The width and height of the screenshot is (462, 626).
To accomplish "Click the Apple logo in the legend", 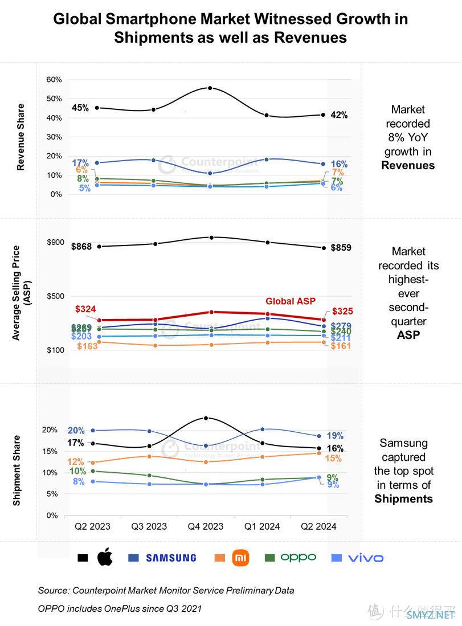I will pos(104,558).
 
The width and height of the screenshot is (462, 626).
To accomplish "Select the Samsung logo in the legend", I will pos(170,558).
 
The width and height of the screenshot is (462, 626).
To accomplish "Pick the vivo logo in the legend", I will pos(365,558).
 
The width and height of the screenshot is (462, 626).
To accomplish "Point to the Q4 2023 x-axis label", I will pos(206,526).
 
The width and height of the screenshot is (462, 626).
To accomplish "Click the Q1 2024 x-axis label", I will pos(262,526).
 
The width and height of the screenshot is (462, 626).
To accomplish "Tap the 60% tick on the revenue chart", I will pos(54,79).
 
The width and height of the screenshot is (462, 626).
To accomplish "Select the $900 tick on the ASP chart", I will pos(55,242).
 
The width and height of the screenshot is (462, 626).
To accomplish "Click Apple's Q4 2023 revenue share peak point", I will pos(210,88).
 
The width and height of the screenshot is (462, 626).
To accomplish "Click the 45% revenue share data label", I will pos(80,108).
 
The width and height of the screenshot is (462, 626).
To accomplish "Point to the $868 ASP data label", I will pos(82,247).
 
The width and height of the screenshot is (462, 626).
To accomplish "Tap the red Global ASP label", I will pos(291,301).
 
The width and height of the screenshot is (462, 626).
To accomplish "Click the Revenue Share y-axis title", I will pos(21,137).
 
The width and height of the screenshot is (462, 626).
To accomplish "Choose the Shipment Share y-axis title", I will pos(17,470).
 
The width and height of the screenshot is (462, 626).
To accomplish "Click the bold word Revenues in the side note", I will pos(408,166).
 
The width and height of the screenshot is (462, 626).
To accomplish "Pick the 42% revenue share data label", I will pos(339,115).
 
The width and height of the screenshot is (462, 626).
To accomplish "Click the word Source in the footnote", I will pos(52,590).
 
